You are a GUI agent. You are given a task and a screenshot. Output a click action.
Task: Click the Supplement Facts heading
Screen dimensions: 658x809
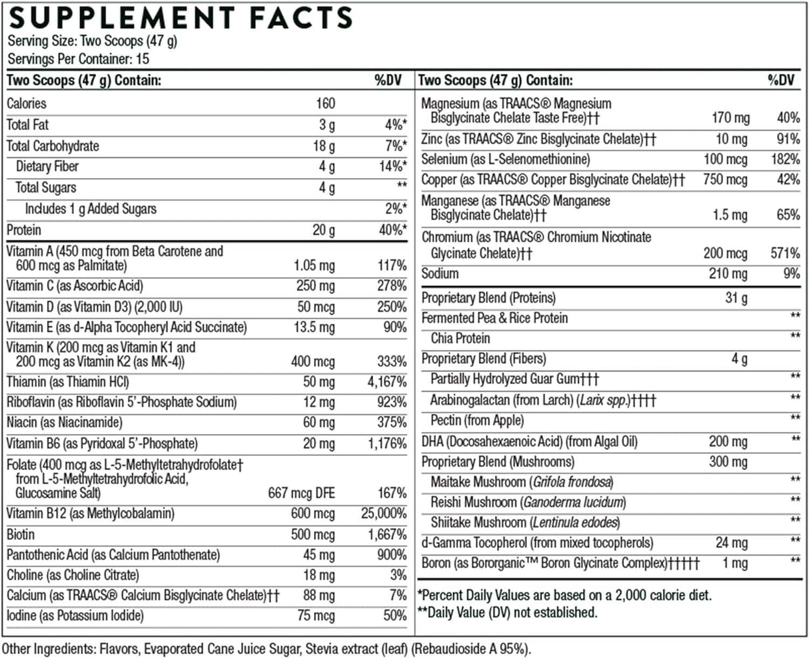click(180, 18)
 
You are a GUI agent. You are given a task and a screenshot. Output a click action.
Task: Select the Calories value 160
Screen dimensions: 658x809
click(325, 103)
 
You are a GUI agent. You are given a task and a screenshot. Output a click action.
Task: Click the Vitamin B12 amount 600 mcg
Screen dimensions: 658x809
click(313, 514)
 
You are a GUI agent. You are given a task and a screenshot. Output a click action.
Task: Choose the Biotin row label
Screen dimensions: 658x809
click(21, 535)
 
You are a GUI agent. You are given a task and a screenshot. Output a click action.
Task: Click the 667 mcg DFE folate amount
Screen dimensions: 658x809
click(301, 493)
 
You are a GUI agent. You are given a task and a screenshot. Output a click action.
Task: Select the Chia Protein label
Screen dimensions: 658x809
click(460, 338)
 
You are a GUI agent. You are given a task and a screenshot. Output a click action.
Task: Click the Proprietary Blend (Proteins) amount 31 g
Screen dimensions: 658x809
click(736, 297)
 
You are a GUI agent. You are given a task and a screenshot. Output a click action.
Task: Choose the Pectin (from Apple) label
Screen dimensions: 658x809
click(477, 420)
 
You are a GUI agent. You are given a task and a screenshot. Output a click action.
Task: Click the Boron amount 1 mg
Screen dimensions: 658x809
click(735, 563)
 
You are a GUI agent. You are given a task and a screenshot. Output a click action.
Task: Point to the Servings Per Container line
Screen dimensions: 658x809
click(79, 59)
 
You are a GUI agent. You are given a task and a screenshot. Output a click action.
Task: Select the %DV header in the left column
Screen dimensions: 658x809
click(390, 81)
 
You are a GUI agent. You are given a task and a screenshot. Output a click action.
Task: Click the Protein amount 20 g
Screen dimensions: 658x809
click(323, 230)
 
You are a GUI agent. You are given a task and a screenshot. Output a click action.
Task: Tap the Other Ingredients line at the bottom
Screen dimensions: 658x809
click(267, 649)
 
